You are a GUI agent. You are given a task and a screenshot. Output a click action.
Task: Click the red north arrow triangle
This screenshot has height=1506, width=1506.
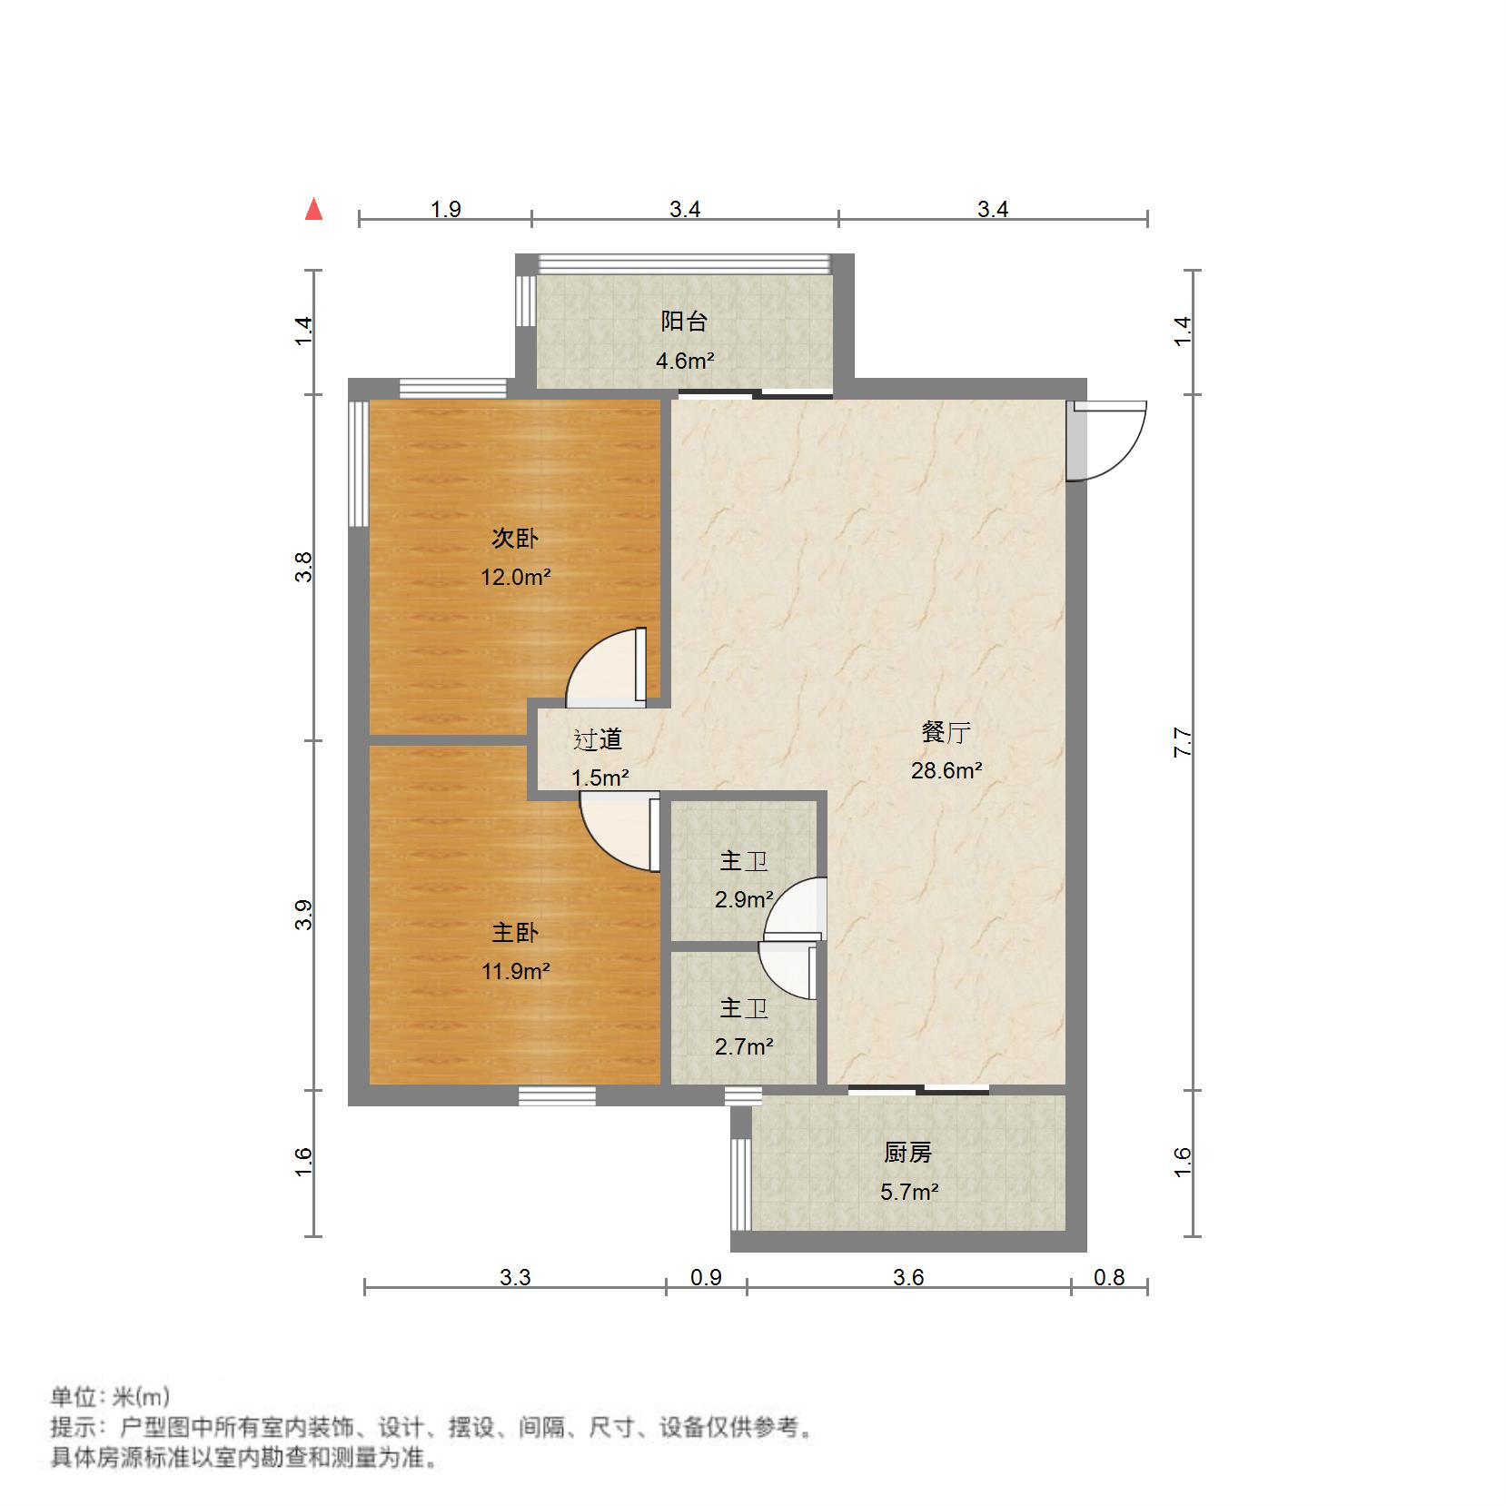pyautogui.click(x=314, y=210)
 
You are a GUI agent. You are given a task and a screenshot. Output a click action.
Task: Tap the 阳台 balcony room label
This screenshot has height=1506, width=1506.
pyautogui.click(x=684, y=322)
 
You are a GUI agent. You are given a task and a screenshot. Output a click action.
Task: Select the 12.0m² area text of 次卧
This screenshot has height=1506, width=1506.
pyautogui.click(x=516, y=577)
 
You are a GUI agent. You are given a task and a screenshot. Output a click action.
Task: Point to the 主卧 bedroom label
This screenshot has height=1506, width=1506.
pyautogui.click(x=515, y=933)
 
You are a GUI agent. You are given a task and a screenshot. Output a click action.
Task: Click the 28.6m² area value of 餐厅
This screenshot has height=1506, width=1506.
pyautogui.click(x=946, y=771)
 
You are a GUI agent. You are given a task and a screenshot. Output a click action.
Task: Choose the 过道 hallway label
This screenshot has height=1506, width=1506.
pyautogui.click(x=598, y=739)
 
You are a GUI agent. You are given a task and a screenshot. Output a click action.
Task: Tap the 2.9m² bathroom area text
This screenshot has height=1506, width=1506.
pyautogui.click(x=744, y=899)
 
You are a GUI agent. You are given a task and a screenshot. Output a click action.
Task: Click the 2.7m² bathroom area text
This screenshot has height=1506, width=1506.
pyautogui.click(x=744, y=1046)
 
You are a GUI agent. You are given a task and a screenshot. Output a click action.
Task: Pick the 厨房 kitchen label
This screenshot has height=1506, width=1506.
pyautogui.click(x=907, y=1153)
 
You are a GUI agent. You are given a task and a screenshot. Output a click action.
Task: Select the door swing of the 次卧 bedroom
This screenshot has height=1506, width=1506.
pyautogui.click(x=604, y=668)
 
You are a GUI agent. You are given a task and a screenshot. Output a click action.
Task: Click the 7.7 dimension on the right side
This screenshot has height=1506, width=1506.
pyautogui.click(x=1183, y=742)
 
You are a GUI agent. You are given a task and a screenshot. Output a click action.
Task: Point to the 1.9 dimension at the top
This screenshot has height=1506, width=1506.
pyautogui.click(x=445, y=210)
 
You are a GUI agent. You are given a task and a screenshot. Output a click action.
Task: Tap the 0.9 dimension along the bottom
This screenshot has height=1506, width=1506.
pyautogui.click(x=706, y=1278)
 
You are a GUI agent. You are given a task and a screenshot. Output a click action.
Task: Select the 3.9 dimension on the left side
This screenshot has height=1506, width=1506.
pyautogui.click(x=305, y=915)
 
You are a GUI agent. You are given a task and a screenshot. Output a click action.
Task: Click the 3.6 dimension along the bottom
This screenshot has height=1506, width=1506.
pyautogui.click(x=908, y=1278)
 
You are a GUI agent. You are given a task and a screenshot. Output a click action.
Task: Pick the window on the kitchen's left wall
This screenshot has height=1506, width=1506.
pyautogui.click(x=741, y=1182)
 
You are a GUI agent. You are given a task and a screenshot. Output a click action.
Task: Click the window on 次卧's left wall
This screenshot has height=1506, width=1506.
pyautogui.click(x=359, y=463)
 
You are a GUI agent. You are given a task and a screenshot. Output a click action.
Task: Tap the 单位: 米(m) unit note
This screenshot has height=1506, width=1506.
pyautogui.click(x=110, y=1396)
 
